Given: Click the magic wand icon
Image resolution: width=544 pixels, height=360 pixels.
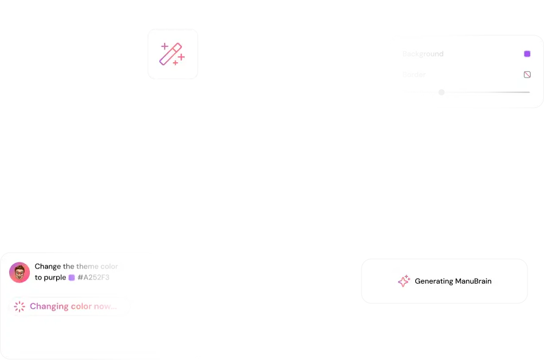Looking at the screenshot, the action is tap(171, 54).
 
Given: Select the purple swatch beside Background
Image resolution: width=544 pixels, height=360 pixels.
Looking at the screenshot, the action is tap(527, 54).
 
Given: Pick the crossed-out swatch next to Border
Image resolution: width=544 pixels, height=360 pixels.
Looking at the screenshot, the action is tap(527, 74).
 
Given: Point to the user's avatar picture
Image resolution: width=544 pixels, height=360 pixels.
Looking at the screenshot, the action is tap(20, 272).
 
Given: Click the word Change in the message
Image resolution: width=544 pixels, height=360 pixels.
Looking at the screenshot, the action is tap(48, 267).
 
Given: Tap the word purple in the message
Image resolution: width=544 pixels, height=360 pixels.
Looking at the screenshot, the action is tap(55, 278).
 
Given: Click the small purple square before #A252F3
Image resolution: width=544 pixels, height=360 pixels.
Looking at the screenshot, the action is tap(71, 278).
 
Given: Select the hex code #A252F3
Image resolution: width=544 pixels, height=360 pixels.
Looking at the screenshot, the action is tap(93, 278).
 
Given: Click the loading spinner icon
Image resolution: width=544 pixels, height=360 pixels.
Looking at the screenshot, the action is tap(20, 306).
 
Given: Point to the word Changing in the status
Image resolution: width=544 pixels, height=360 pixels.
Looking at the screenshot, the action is tap(49, 306).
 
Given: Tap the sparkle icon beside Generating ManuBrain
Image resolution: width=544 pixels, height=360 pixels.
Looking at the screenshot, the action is tap(404, 281).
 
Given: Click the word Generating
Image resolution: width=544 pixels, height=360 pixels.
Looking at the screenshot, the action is tap(434, 281).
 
